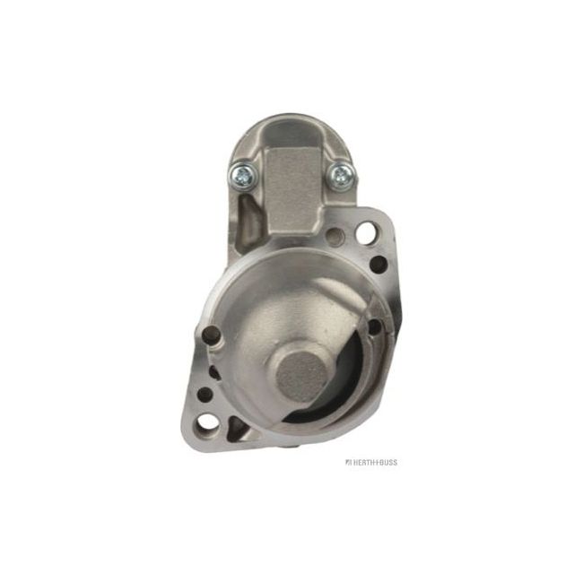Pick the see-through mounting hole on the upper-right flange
[x=366, y=232]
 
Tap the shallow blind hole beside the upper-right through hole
[x=335, y=237]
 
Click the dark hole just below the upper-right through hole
[x=379, y=264]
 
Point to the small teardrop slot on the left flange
[x=213, y=370]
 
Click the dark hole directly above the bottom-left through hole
[x=205, y=394]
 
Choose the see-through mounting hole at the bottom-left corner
[x=209, y=422]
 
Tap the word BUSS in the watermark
[x=385, y=462]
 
